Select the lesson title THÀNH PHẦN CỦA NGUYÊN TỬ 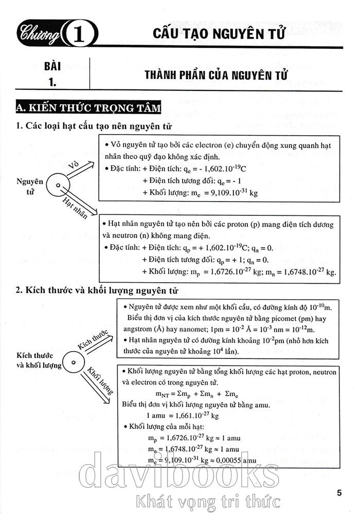[x=216, y=76]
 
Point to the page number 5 [x=339, y=493]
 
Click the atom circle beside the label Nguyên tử [x=58, y=186]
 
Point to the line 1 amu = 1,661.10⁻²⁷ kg [x=183, y=415]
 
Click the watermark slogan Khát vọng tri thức [x=206, y=499]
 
